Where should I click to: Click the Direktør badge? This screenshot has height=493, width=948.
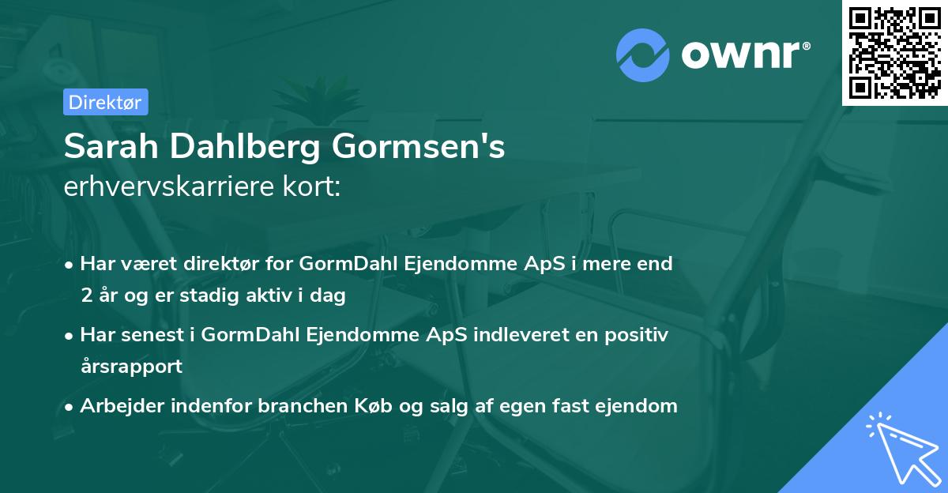105,102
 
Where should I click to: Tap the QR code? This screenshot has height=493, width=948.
894,52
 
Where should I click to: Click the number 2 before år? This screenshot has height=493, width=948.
85,296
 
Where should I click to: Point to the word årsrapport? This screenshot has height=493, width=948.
131,367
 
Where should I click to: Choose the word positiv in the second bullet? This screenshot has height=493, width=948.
638,335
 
